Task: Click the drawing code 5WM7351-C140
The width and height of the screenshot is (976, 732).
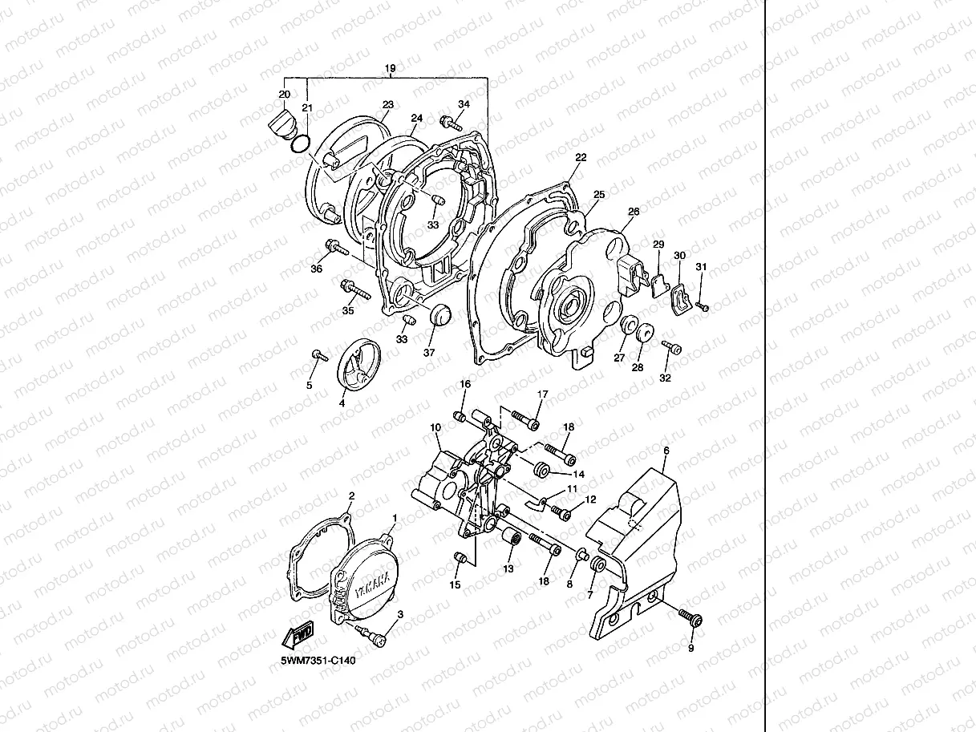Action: [318, 661]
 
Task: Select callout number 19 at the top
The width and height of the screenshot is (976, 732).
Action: [391, 69]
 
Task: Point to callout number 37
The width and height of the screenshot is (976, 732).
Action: [428, 353]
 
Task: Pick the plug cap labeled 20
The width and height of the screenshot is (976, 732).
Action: [280, 125]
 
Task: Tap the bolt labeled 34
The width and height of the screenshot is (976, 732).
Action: [451, 123]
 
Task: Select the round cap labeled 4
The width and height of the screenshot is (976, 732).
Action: [352, 368]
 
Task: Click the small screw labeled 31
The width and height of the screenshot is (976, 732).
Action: [703, 305]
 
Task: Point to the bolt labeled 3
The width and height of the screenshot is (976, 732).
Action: [375, 635]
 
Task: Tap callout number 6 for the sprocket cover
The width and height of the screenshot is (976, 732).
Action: [665, 451]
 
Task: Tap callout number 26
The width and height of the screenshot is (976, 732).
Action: [634, 212]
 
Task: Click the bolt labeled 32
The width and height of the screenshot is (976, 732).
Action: [671, 347]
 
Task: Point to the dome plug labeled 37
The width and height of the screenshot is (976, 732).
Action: [439, 315]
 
